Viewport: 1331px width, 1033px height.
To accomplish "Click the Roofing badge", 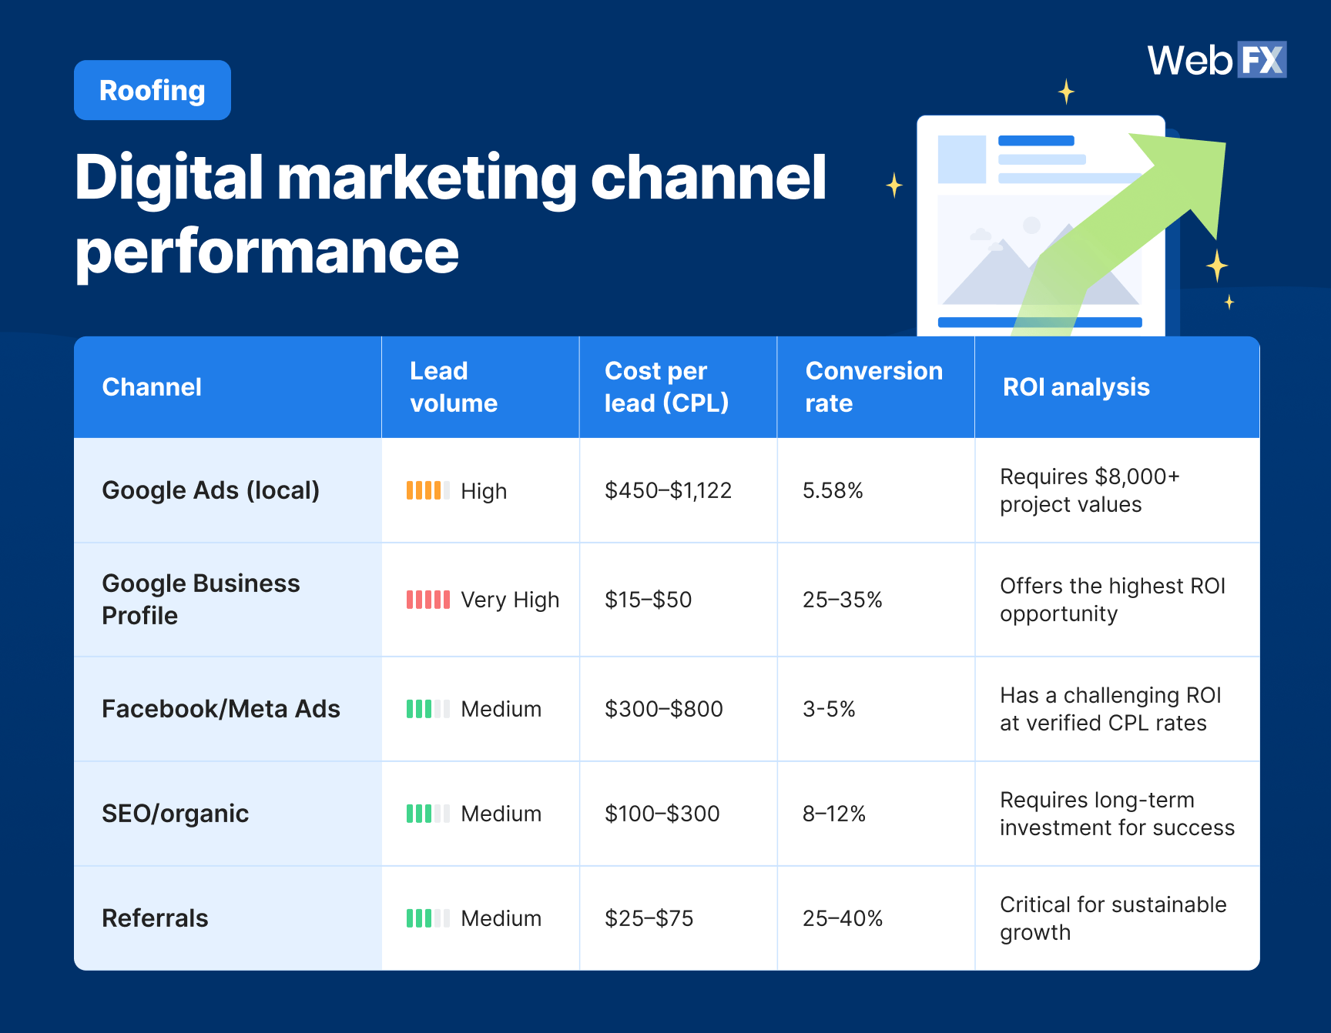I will pos(153,90).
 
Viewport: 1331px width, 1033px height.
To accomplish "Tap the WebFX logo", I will pos(1216,60).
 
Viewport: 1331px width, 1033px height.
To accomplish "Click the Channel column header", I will pos(152,386).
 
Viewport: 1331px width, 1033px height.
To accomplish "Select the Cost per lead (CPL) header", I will pos(666,386).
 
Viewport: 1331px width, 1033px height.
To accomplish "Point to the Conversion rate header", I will pos(873,386).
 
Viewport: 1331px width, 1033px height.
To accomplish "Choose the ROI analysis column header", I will pos(1076,386).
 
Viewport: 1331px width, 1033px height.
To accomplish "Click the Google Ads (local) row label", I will pos(210,490).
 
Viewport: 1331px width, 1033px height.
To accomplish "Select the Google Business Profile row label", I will pos(200,599).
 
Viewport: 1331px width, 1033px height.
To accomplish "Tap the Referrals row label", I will pos(155,918).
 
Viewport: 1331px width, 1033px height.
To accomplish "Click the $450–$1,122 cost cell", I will pos(668,490).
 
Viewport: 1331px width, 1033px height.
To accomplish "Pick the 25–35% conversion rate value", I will pos(842,600).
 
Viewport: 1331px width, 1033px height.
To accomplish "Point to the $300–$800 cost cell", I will pos(663,709).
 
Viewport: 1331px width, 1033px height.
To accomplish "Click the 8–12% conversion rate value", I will pos(833,814).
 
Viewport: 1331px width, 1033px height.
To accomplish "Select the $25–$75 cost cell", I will pos(649,918).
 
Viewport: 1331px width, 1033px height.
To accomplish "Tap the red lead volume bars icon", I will pos(427,600).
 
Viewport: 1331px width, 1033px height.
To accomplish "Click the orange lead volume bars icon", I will pos(427,490).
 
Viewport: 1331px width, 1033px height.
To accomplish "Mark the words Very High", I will pos(510,600).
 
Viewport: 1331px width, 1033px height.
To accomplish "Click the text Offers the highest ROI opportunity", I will pos(1111,600).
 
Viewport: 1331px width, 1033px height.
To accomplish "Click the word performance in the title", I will pos(267,252).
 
